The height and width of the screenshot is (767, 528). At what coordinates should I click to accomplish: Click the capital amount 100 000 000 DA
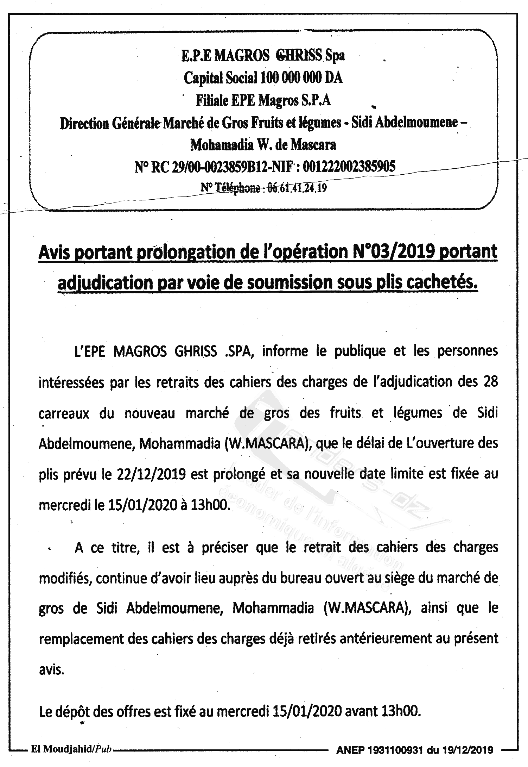coord(301,78)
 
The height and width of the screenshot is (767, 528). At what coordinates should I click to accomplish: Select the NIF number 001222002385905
coord(349,166)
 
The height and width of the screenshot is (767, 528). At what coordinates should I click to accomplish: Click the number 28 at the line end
coord(490,382)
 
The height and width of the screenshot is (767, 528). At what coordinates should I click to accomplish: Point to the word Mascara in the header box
coord(313,144)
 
